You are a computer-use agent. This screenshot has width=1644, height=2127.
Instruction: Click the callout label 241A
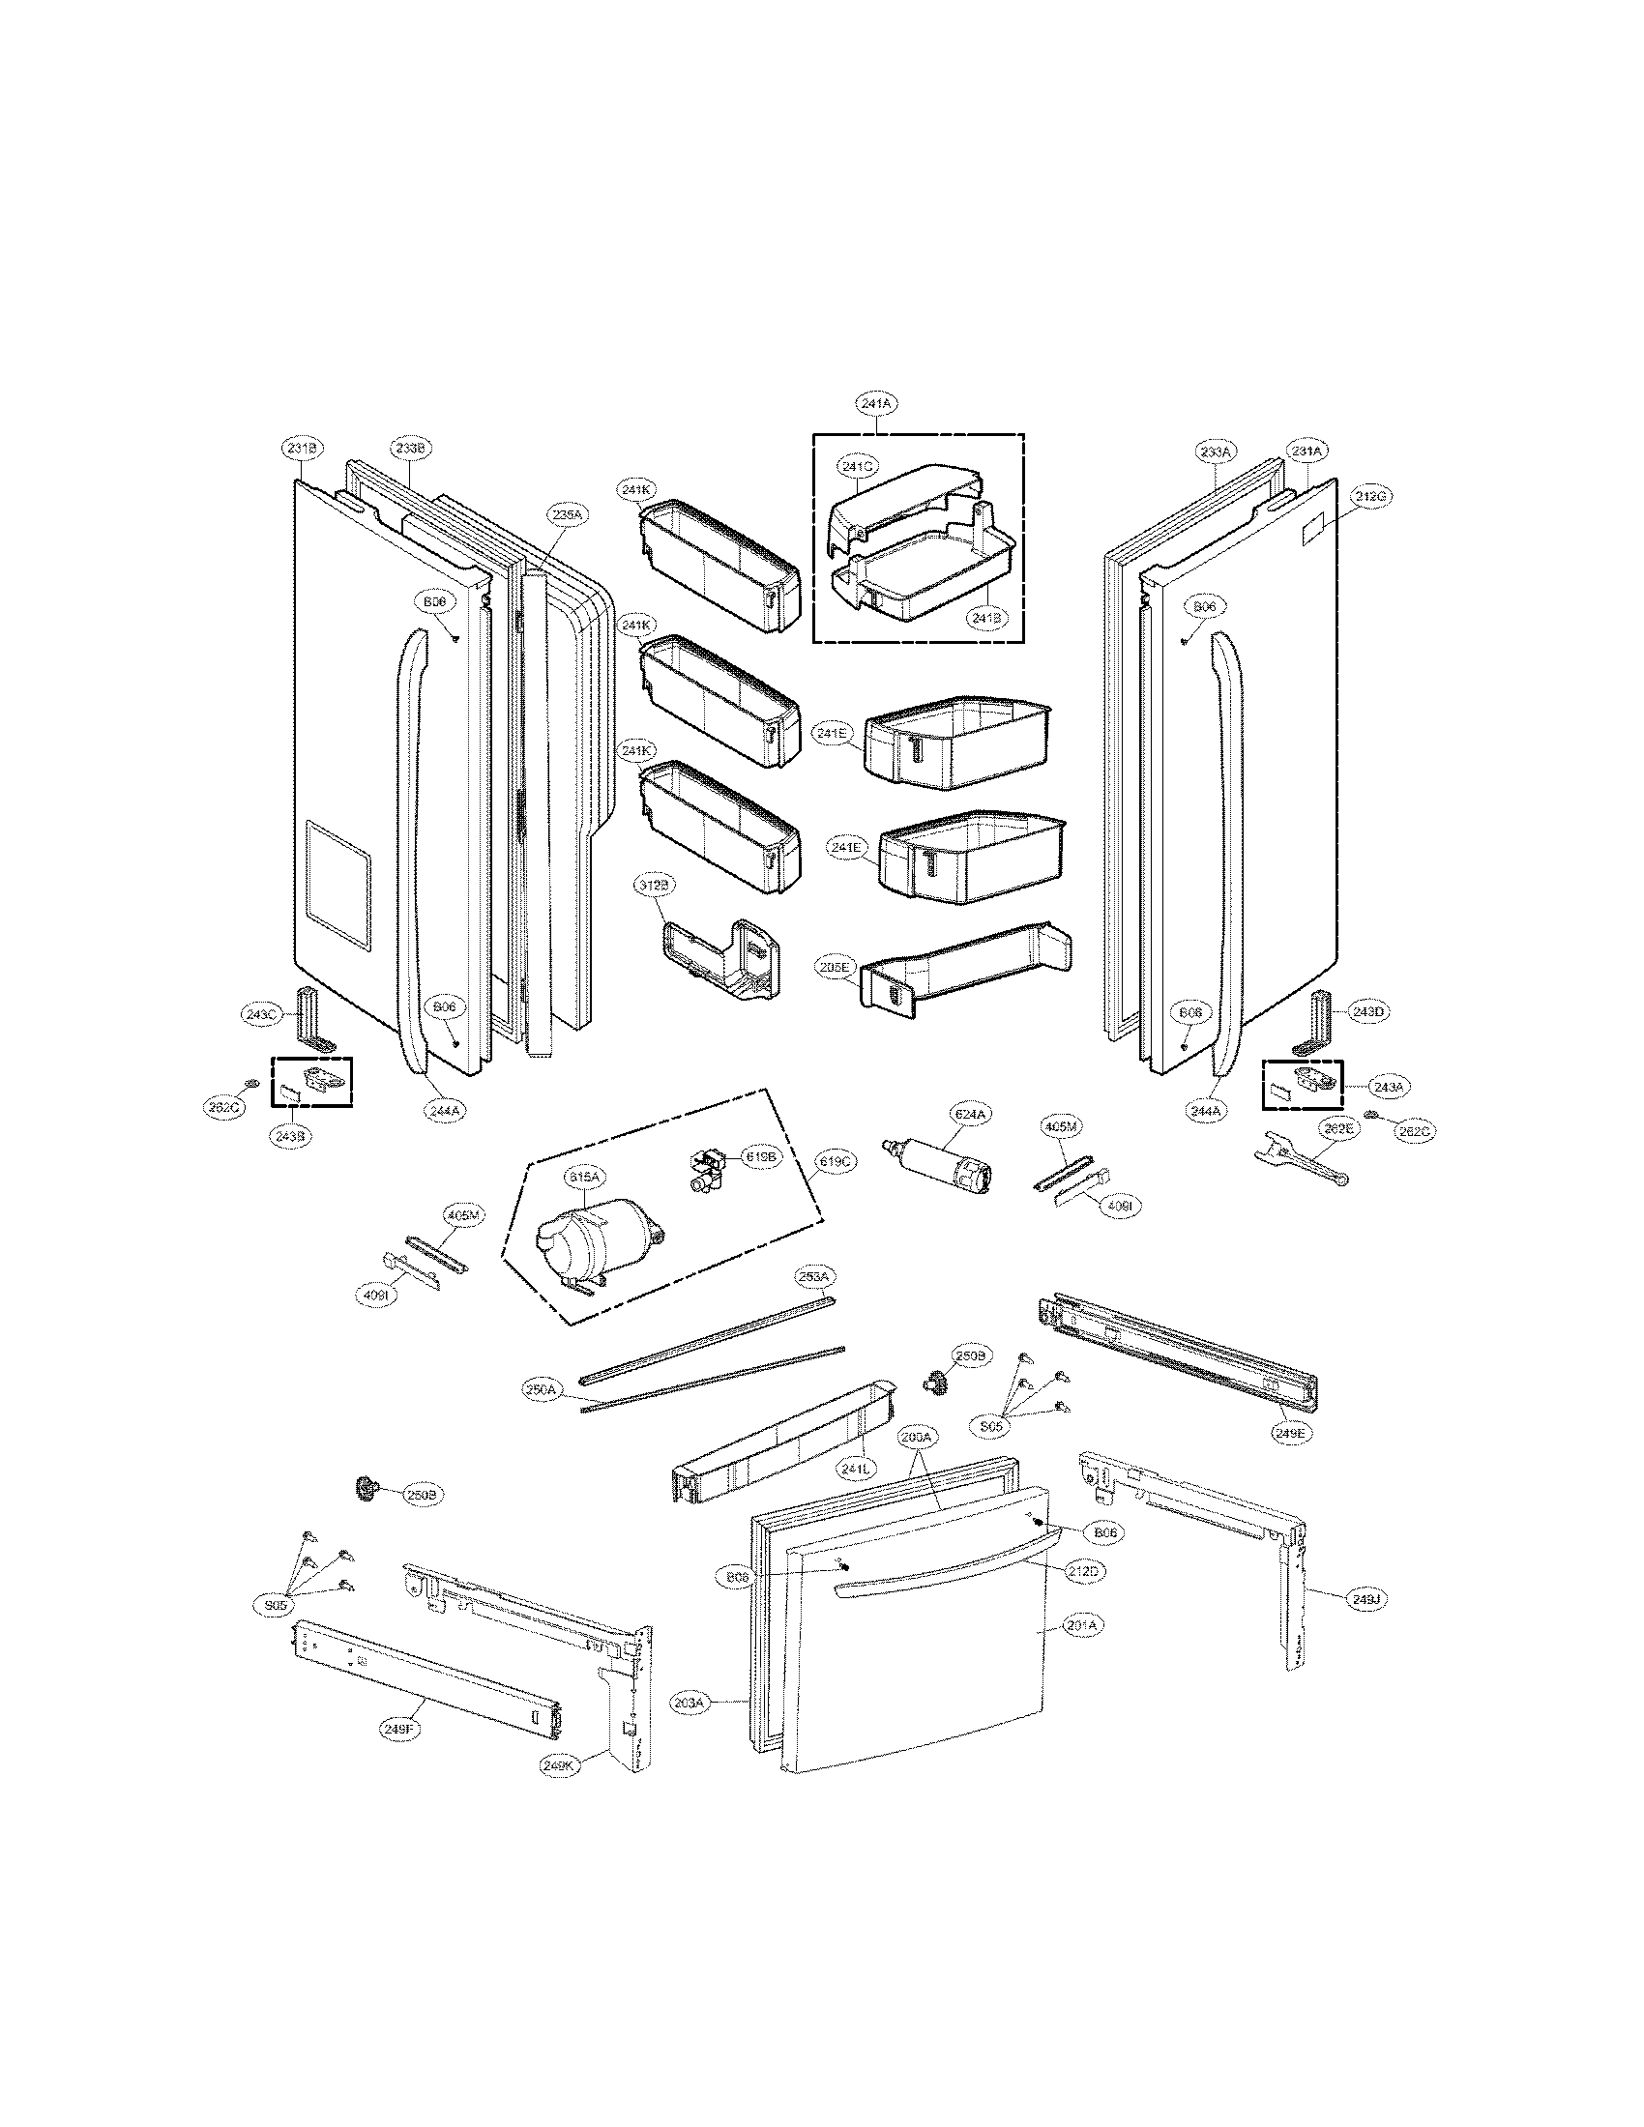pos(873,402)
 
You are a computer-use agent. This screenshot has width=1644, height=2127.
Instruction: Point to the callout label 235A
pos(567,515)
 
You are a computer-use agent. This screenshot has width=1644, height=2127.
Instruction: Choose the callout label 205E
pos(837,967)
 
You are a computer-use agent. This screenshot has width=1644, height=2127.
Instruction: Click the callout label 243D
pos(1367,1012)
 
